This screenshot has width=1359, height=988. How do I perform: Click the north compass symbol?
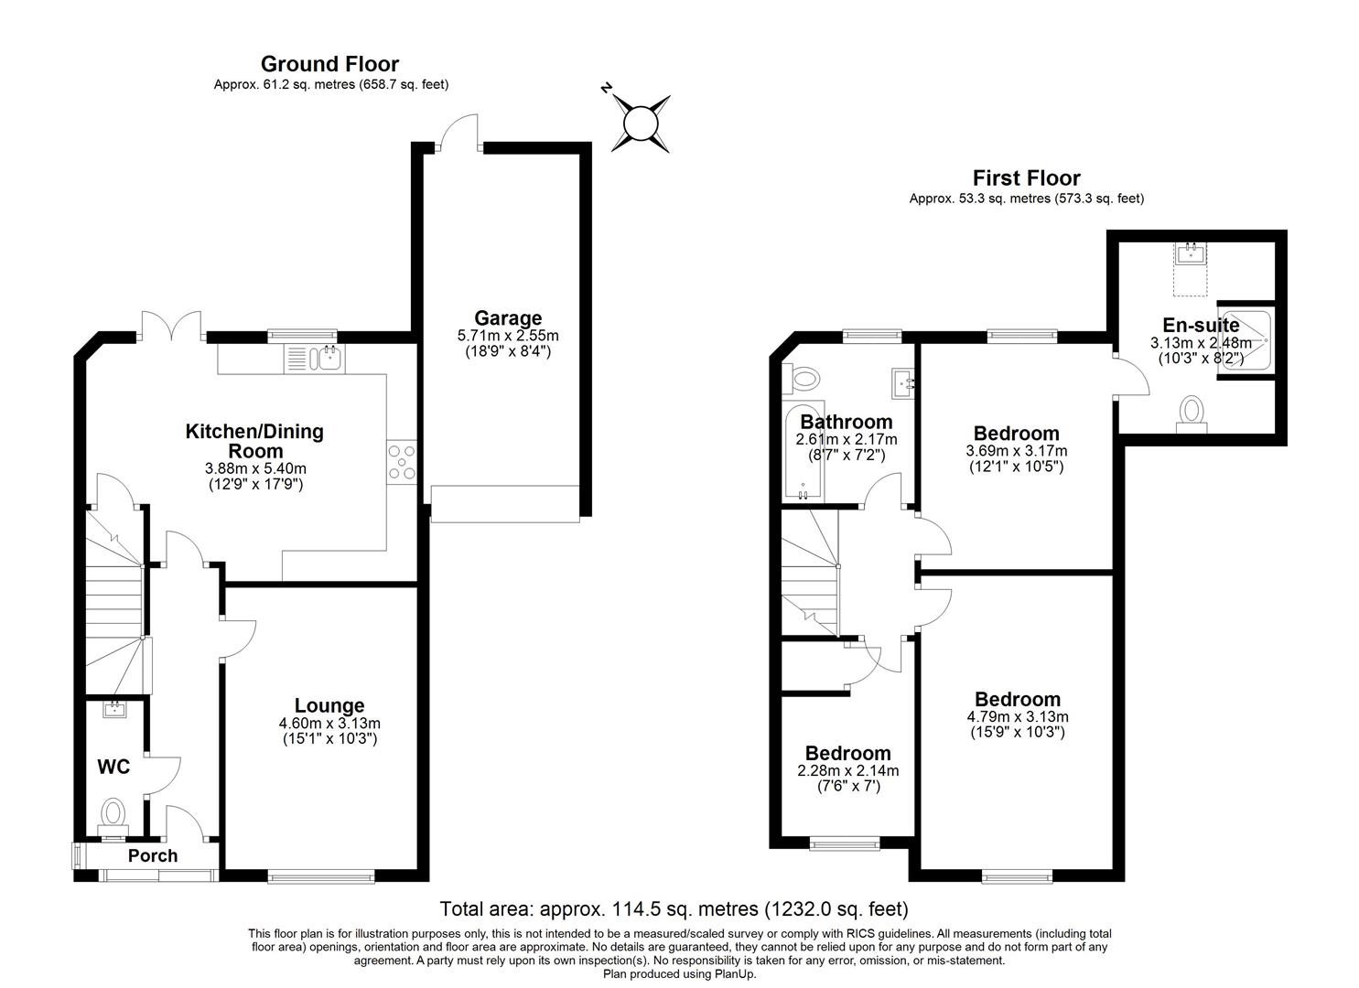tap(640, 122)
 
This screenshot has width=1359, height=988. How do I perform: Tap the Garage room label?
tap(507, 318)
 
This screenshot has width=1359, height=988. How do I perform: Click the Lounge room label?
tap(329, 705)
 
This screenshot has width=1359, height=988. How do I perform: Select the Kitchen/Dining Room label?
tap(254, 441)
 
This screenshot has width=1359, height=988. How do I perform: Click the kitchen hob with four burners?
tap(403, 462)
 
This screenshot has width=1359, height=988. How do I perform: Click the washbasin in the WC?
tap(115, 709)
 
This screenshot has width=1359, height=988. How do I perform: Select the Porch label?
tap(153, 855)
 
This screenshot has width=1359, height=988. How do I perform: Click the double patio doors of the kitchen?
tap(171, 327)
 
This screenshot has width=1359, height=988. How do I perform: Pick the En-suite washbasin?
tap(1191, 253)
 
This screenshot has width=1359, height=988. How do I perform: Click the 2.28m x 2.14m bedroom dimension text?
tap(847, 770)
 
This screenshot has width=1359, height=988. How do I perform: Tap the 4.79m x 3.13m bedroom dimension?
tap(1017, 717)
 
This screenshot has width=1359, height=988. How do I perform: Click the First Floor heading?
tap(1026, 177)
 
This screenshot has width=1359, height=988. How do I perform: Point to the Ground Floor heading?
tap(329, 64)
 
